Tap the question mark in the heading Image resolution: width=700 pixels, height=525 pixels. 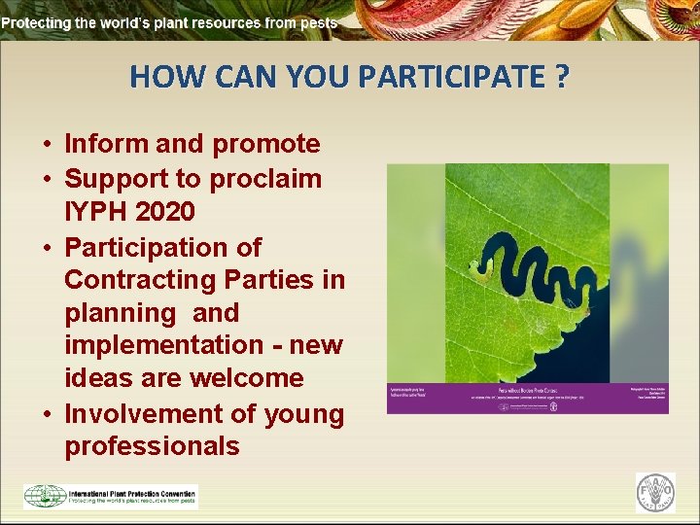coord(562,76)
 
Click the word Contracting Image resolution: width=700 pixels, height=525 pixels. coord(135,280)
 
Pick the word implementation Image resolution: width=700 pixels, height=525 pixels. coord(162,345)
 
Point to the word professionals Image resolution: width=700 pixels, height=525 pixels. coord(152,446)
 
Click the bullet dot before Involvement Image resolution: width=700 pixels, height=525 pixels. coord(46,414)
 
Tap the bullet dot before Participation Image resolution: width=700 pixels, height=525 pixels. coord(46,247)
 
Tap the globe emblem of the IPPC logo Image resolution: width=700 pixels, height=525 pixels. coord(45,496)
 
